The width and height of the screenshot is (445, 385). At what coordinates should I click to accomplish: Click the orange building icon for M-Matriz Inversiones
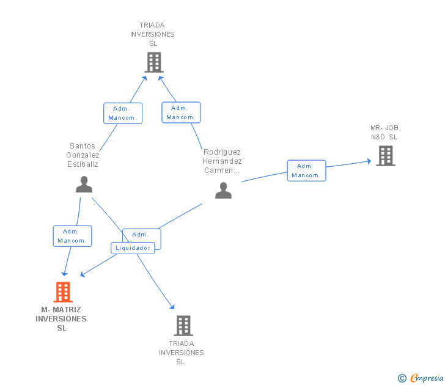click(x=63, y=292)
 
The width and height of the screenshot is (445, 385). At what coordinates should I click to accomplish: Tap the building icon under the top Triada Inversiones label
click(x=154, y=62)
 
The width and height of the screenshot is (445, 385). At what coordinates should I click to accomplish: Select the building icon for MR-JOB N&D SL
click(x=385, y=156)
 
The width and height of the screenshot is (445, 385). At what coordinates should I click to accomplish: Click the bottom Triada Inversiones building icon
click(x=183, y=326)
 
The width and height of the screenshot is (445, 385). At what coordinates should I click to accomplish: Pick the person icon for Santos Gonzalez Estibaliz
click(x=84, y=184)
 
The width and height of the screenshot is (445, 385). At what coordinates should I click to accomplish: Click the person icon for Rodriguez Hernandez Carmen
click(x=224, y=190)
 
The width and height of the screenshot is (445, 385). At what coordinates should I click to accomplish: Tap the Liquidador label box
click(x=133, y=248)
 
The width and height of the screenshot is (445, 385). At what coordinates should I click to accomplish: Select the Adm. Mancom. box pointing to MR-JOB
click(x=306, y=170)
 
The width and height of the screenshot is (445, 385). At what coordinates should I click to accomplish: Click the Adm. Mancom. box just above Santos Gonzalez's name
click(x=123, y=113)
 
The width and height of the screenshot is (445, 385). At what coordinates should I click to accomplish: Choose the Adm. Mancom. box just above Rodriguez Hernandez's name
click(x=181, y=112)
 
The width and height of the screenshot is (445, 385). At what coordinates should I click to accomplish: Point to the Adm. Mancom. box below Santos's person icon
click(x=72, y=236)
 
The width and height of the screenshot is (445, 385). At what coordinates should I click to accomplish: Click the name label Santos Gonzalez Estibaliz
click(x=83, y=155)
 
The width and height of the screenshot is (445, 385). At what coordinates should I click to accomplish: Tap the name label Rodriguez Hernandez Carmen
click(x=223, y=161)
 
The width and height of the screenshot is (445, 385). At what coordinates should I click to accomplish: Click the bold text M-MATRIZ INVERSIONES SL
click(x=61, y=319)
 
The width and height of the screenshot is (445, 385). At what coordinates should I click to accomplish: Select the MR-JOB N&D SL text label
click(x=384, y=133)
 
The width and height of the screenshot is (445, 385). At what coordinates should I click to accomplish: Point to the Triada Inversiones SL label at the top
click(x=152, y=34)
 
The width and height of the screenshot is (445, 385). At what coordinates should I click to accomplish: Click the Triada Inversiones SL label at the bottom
click(x=182, y=353)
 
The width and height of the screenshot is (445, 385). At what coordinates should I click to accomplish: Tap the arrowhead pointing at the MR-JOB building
click(x=369, y=161)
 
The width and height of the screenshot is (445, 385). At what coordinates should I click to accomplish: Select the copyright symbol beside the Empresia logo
click(x=402, y=378)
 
